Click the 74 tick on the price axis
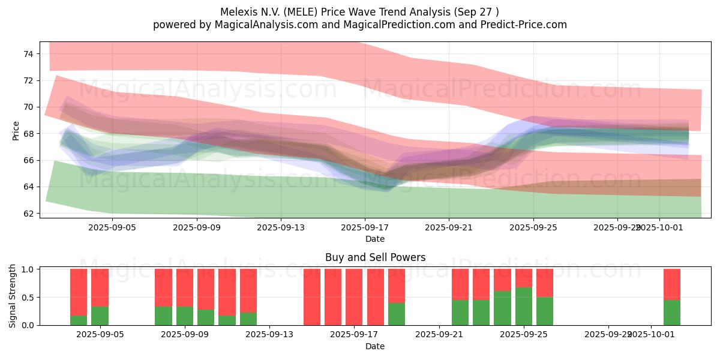click(28, 54)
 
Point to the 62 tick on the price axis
click(28, 214)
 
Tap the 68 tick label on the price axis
click(28, 134)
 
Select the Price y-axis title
click(16, 130)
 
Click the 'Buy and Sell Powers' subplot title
click(375, 257)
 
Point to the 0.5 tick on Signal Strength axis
click(28, 298)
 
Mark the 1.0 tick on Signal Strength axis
click(28, 269)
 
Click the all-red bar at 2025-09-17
click(355, 297)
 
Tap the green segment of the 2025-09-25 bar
click(524, 306)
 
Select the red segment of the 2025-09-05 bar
click(100, 288)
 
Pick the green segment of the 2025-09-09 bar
click(185, 316)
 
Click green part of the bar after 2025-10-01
click(672, 313)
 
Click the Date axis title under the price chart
click(375, 239)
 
